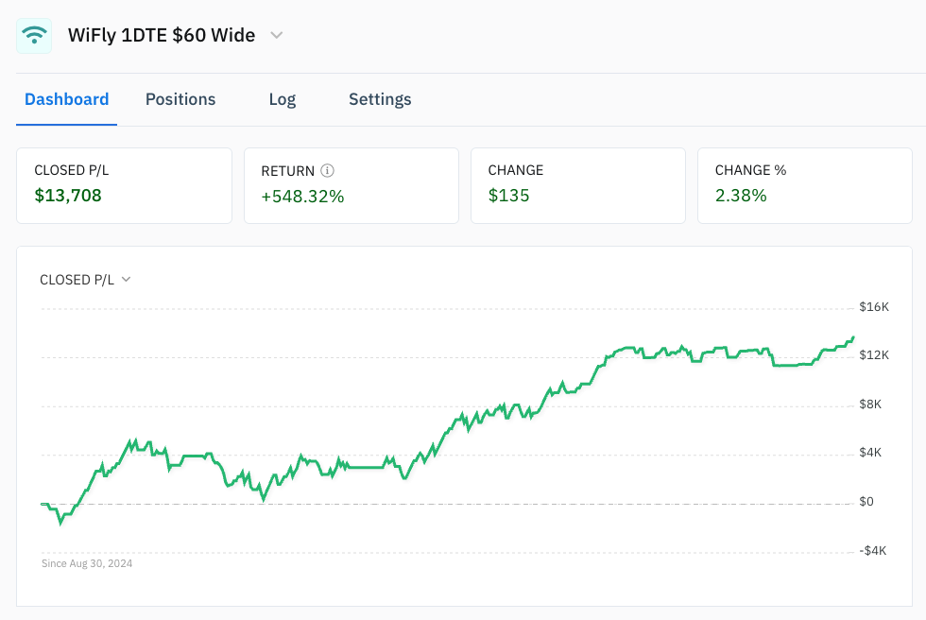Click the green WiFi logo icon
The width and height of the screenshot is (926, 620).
(x=35, y=36)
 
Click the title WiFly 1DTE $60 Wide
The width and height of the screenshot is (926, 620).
(x=162, y=36)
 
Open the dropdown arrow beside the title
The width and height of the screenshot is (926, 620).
(x=276, y=36)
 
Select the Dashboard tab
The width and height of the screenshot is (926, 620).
(x=66, y=99)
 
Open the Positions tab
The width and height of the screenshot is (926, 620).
(x=180, y=99)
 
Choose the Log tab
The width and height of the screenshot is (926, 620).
(x=282, y=99)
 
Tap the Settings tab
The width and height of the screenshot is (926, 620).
(x=380, y=99)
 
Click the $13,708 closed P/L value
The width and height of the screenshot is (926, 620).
(x=68, y=196)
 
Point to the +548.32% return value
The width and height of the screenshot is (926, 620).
(x=302, y=197)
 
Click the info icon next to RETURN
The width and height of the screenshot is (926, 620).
(x=328, y=171)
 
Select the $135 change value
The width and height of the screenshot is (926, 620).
(x=508, y=196)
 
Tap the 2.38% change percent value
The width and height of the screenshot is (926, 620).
(x=741, y=196)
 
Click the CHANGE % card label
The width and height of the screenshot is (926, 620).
(x=750, y=171)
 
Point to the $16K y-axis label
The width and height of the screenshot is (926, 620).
(x=874, y=307)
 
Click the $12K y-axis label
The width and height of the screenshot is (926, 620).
(x=874, y=355)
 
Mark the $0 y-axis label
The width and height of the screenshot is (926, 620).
(x=866, y=502)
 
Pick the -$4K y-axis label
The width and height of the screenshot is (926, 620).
(x=873, y=551)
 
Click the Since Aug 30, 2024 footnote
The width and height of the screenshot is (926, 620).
(x=87, y=564)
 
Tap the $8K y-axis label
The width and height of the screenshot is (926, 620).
(x=870, y=405)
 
